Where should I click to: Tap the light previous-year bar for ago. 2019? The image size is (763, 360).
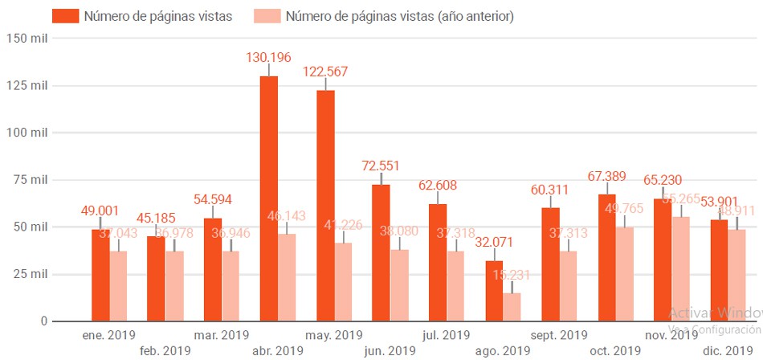512,307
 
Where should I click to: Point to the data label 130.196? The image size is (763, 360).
269,57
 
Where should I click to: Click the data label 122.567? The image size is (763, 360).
325,72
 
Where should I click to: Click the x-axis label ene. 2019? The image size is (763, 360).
109,334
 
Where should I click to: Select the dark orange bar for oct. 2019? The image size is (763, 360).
606,257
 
